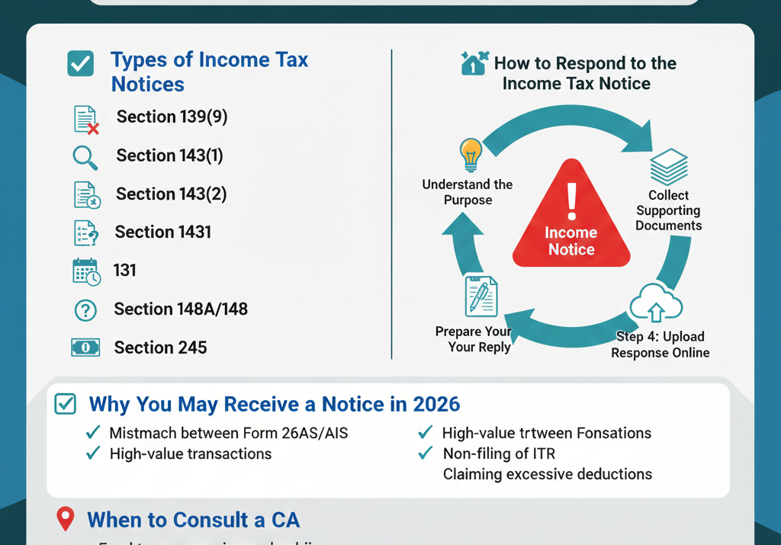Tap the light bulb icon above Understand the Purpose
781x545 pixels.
point(470,155)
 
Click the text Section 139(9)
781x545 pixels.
point(172,117)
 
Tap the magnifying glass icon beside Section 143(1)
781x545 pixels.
point(85,157)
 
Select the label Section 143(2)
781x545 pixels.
point(171,194)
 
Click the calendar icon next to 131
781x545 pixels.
point(86,272)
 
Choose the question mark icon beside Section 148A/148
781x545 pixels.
point(85,310)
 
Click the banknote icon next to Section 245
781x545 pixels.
point(85,348)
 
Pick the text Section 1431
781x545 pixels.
point(162,232)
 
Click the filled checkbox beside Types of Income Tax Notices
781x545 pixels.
point(81,63)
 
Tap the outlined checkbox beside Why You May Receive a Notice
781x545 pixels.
point(66,404)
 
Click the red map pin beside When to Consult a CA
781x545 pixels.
point(66,519)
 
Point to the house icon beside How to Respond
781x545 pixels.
point(474,63)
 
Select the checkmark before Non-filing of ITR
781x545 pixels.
point(426,454)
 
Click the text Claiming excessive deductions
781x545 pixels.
point(548,474)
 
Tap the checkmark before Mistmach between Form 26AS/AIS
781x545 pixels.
point(93,433)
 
